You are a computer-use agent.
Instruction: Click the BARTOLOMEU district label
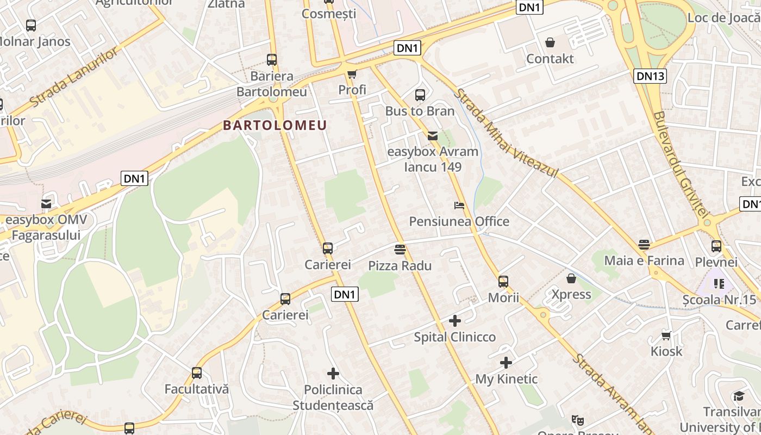[275, 126]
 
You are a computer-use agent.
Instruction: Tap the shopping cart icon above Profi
[352, 74]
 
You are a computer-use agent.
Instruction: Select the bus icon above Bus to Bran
[420, 95]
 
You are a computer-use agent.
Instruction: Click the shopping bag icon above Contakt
[550, 42]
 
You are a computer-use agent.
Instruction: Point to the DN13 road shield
[650, 76]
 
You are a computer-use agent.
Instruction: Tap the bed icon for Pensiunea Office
[459, 206]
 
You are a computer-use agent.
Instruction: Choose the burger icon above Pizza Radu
[400, 250]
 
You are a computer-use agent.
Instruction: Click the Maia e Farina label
[644, 260]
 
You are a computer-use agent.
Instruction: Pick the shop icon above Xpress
[571, 278]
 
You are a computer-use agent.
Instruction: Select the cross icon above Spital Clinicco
[454, 321]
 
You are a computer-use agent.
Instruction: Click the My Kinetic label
[506, 379]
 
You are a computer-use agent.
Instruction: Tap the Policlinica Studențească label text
[333, 397]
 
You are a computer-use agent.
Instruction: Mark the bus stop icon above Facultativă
[197, 373]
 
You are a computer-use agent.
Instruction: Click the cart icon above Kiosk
[666, 335]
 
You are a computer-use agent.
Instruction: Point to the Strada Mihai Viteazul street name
[506, 133]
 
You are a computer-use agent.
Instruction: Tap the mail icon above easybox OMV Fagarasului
[46, 204]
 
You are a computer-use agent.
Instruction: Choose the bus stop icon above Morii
[503, 282]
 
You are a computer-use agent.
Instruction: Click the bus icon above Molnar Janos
[31, 25]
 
